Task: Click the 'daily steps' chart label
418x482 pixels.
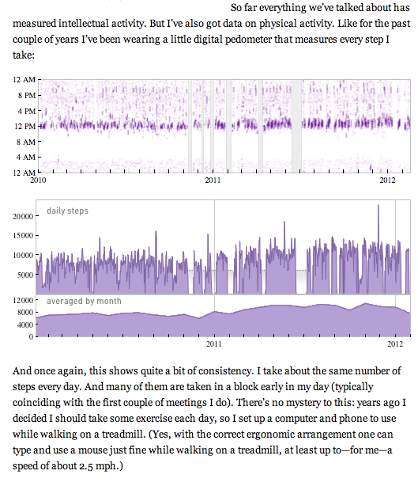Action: point(67,211)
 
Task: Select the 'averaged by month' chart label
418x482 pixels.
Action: point(85,302)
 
